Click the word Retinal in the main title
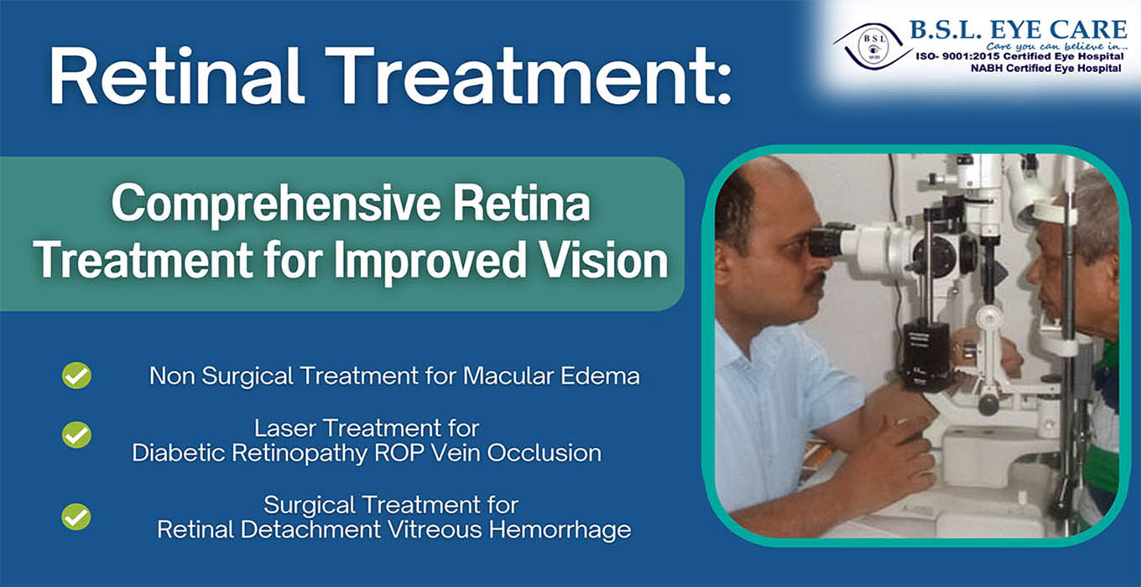[x=175, y=75]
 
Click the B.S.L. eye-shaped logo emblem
[x=873, y=46]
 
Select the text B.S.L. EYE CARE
[x=1019, y=30]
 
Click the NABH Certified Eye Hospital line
[x=1045, y=68]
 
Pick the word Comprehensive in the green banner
[x=276, y=205]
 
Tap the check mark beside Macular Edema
[x=76, y=376]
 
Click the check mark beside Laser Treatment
[x=76, y=434]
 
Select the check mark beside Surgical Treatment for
[x=76, y=517]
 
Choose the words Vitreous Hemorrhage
[x=509, y=529]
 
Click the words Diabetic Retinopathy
[x=249, y=454]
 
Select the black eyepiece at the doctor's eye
[x=826, y=242]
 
